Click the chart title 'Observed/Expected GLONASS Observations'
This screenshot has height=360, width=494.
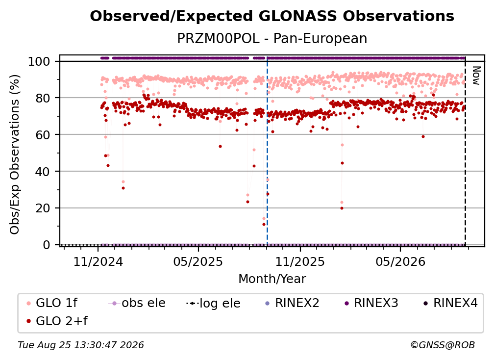point(272,16)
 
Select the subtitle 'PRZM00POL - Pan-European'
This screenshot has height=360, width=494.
point(272,38)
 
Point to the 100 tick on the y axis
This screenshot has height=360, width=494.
point(39,61)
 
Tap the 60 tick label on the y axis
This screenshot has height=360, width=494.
point(43,134)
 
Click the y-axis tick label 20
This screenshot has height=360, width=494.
point(43,208)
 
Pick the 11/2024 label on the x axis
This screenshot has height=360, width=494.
point(98,261)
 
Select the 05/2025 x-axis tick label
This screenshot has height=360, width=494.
point(198,261)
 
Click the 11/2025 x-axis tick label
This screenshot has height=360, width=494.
point(300,261)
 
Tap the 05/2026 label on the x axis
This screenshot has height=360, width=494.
point(400,261)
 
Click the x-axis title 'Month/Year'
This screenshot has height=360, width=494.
point(272,279)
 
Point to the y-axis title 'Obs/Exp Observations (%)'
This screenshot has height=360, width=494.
point(15,154)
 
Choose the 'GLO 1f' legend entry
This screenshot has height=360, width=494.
point(52,303)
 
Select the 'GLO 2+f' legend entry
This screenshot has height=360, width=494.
point(57,321)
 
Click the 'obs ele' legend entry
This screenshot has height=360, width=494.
point(137,303)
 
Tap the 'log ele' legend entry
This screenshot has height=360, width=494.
point(213,303)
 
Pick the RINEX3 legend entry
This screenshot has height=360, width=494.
point(371,303)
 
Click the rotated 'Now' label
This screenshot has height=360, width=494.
point(476,76)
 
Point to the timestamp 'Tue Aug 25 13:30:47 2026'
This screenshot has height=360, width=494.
point(81,345)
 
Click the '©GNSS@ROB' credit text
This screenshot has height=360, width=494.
point(443,345)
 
